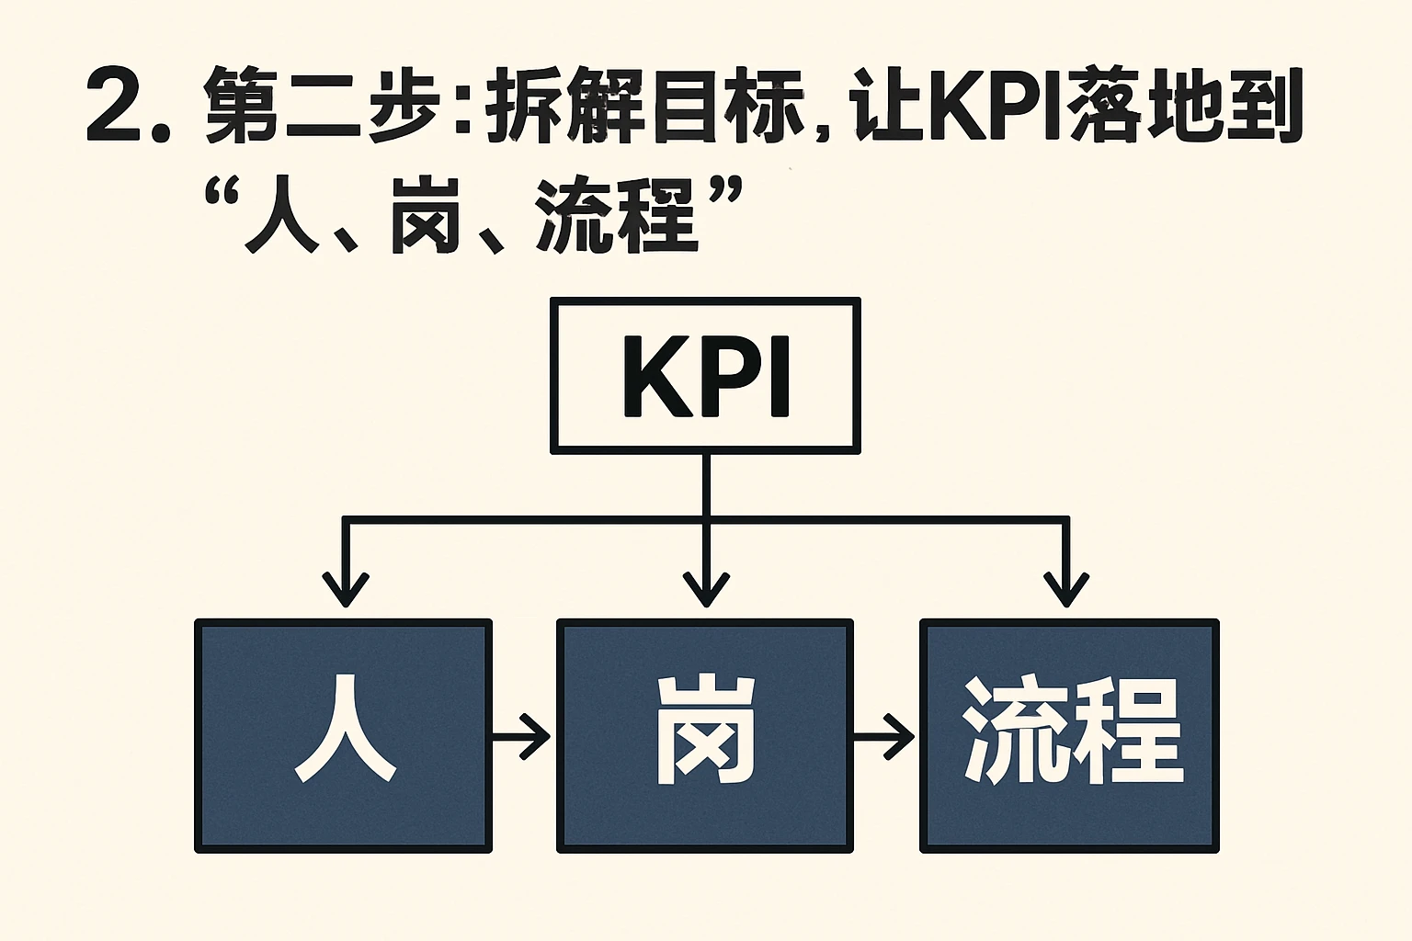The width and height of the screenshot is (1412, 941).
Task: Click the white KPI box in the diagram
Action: tap(705, 375)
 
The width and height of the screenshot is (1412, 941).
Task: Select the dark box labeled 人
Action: tap(343, 735)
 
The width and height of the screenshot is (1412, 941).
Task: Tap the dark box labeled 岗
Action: tap(705, 735)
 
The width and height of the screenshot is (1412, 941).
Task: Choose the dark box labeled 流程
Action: tap(1069, 735)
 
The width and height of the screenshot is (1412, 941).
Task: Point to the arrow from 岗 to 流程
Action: tap(886, 735)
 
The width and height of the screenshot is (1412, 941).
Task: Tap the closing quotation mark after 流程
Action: tap(726, 194)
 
